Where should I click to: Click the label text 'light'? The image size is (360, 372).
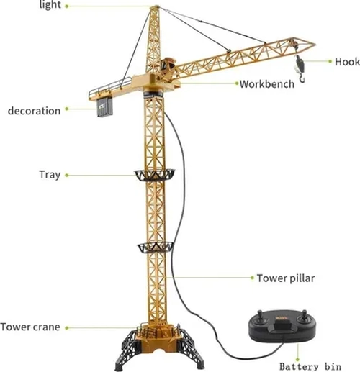click(50, 5)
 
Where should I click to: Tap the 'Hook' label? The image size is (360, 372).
click(347, 62)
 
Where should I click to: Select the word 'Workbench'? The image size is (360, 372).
click(267, 84)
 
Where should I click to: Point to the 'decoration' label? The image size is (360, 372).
click(34, 111)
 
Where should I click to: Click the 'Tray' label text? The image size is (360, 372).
click(50, 175)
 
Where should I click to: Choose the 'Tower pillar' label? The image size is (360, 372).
click(286, 278)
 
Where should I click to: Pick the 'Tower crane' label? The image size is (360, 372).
click(30, 327)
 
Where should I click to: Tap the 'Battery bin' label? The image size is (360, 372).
click(310, 366)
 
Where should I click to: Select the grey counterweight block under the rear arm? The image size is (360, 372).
click(105, 107)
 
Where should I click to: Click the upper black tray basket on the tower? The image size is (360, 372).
click(154, 175)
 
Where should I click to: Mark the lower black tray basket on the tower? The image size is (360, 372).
click(155, 248)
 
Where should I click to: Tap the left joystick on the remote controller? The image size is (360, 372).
click(261, 317)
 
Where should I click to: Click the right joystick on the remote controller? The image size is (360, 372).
click(304, 316)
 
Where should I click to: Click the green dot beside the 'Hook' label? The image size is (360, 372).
click(330, 61)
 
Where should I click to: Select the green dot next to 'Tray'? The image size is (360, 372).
click(67, 176)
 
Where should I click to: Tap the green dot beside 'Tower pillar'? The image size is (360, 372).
click(252, 278)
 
